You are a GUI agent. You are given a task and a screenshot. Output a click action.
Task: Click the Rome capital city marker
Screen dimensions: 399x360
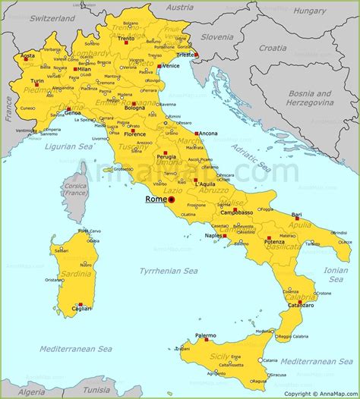click(172, 200)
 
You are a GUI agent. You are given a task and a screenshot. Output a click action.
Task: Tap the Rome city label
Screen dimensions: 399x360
click(156, 199)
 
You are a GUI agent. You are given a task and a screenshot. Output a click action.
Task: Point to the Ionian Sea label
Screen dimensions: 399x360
click(335, 274)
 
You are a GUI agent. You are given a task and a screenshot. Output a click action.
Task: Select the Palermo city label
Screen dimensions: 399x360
click(205, 335)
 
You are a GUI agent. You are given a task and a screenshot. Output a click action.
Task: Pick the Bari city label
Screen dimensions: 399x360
click(296, 215)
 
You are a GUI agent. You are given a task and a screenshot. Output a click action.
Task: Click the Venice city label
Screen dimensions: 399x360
click(171, 65)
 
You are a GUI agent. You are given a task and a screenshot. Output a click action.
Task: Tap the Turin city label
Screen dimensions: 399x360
click(36, 80)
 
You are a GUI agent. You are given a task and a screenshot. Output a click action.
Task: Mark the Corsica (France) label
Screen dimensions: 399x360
click(74, 189)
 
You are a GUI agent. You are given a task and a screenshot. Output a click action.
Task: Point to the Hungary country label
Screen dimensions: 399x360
click(310, 11)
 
